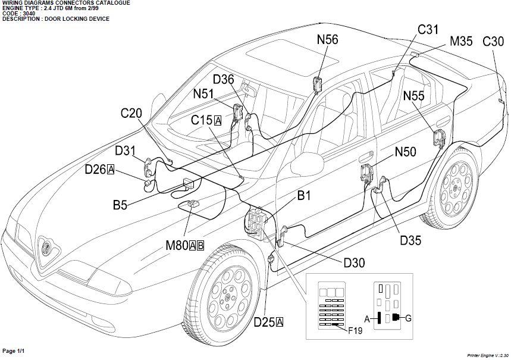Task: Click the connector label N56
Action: tap(328, 40)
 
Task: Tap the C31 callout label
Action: tap(428, 29)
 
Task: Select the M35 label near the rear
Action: tap(461, 42)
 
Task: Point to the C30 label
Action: tap(493, 42)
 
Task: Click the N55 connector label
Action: tap(414, 95)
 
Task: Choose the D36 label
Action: tap(224, 80)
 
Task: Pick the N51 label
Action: tap(204, 93)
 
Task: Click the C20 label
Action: tap(131, 113)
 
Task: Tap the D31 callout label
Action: tap(126, 151)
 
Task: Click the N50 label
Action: tap(406, 152)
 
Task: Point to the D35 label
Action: tap(410, 240)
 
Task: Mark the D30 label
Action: tap(355, 262)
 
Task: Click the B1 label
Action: tap(304, 195)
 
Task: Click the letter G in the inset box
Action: tap(408, 318)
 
